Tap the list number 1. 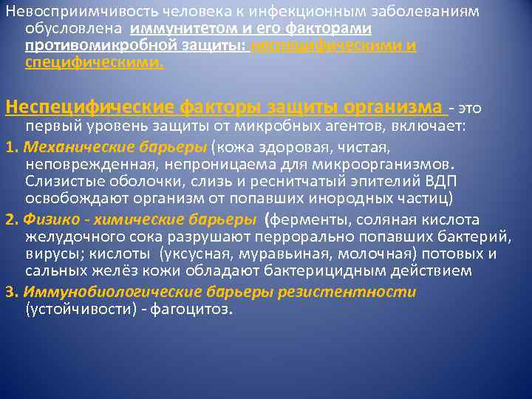[x=8, y=145]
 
